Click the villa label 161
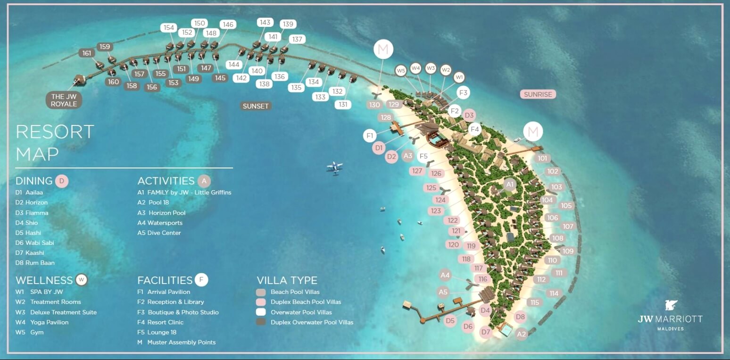(87, 53)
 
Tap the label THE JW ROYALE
(64, 100)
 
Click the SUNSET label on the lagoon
(255, 106)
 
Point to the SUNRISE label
(538, 94)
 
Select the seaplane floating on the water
(334, 167)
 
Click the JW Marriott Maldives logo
(670, 316)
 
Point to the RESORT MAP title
(55, 142)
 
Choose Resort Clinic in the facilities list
(166, 322)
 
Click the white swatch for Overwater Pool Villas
(261, 312)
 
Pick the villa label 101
(542, 159)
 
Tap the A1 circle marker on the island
(510, 184)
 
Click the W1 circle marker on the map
(459, 77)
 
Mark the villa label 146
(228, 25)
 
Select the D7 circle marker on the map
(486, 332)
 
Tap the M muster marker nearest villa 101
(533, 132)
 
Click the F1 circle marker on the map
(370, 136)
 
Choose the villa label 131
(343, 105)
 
